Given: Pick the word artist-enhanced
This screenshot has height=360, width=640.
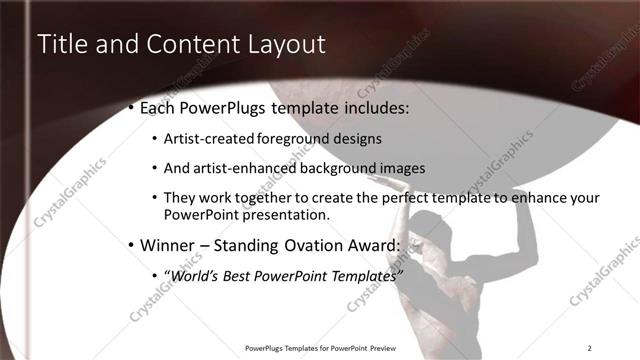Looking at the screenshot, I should (x=239, y=168).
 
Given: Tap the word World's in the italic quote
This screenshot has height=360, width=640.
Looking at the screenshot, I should (x=196, y=275).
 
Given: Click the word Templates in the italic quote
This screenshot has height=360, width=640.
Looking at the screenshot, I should (x=360, y=275).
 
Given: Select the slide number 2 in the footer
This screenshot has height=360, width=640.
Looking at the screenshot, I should (x=590, y=347).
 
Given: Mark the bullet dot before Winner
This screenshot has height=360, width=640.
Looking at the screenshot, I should (x=131, y=245).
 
